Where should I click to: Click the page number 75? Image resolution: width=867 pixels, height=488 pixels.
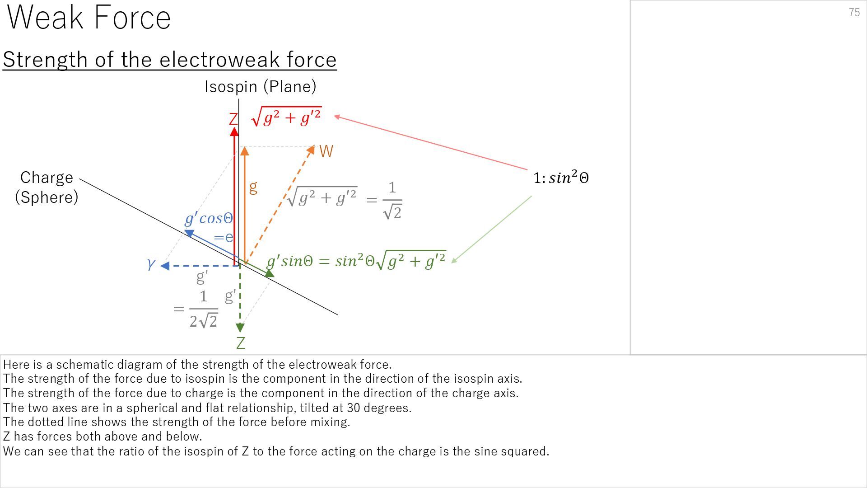point(854,13)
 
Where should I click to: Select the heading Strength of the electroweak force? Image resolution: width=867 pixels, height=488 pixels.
point(169,60)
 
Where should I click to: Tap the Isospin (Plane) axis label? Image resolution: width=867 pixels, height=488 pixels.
point(260,86)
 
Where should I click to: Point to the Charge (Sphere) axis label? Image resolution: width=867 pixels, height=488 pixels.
point(47,187)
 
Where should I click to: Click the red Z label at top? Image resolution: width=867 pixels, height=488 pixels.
point(233,119)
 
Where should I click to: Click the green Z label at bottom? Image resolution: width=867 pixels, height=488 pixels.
point(240,343)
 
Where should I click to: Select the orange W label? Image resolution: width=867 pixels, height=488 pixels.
point(326,151)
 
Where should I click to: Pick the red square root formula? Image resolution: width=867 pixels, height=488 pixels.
point(287,117)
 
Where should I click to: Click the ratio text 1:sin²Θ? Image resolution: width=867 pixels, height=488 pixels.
point(561,178)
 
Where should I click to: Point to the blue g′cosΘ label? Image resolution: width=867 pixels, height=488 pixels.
point(209,219)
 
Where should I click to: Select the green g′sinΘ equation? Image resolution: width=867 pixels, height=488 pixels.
point(356,261)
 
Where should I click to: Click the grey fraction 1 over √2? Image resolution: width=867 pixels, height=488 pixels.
point(392,200)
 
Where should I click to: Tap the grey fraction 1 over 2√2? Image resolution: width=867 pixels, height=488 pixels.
point(203,309)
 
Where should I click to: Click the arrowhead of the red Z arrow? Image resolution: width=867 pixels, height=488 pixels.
point(234,131)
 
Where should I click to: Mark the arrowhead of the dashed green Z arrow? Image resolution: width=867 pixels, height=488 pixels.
point(240,328)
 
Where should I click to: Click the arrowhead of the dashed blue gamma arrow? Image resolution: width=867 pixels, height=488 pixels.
point(165,266)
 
